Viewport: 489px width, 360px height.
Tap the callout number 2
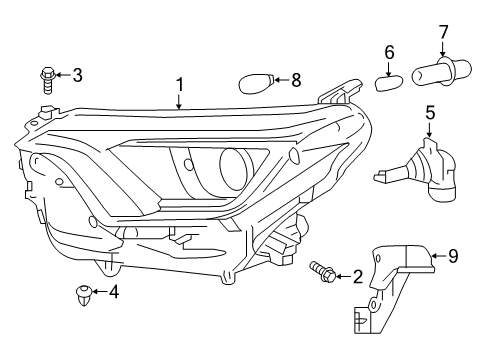coord(356,276)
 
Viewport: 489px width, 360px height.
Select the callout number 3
coord(76,73)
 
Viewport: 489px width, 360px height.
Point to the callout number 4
coord(113,292)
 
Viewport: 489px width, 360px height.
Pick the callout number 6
coord(389,51)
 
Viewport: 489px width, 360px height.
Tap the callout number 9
coord(452,257)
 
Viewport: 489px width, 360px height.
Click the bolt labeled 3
coord(46,76)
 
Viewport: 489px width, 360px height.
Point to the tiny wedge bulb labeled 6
coord(388,80)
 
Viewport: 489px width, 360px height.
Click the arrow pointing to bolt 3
coord(61,73)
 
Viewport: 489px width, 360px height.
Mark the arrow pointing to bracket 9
coord(437,257)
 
